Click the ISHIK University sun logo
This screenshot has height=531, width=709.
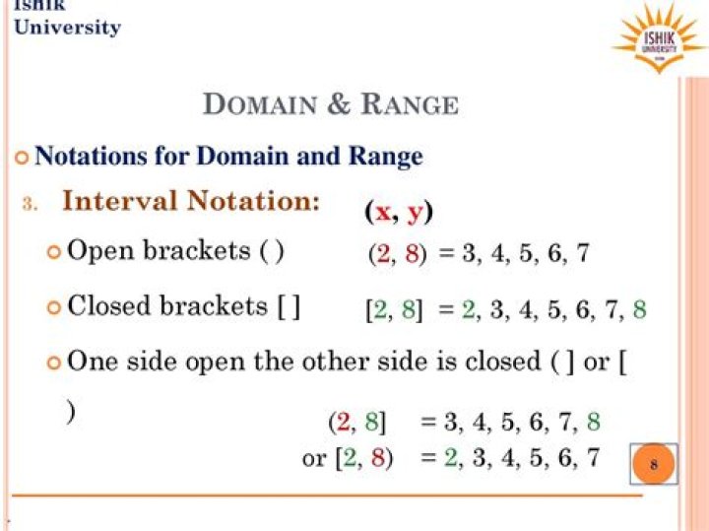tap(659, 38)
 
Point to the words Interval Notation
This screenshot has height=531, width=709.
tap(191, 201)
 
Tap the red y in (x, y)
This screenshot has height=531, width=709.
tap(415, 213)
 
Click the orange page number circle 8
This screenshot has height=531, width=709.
tap(654, 464)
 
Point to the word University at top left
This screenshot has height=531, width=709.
tap(67, 28)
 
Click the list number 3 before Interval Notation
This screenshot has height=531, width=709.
tap(31, 204)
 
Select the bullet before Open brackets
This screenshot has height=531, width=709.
tap(54, 252)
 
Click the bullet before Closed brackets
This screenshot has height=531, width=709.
tap(54, 308)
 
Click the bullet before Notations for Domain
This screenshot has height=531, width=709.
tap(24, 158)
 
